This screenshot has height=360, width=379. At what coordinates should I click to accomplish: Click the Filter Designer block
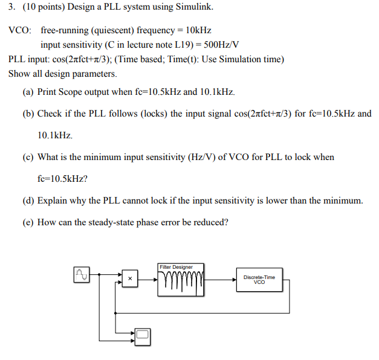181,280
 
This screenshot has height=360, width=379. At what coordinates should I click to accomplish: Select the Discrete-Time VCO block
259,279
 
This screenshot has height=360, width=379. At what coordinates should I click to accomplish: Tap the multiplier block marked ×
129,278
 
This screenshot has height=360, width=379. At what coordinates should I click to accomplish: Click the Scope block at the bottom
142,335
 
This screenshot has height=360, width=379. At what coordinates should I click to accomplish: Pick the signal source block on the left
81,275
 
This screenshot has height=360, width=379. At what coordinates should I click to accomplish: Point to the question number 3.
11,8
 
